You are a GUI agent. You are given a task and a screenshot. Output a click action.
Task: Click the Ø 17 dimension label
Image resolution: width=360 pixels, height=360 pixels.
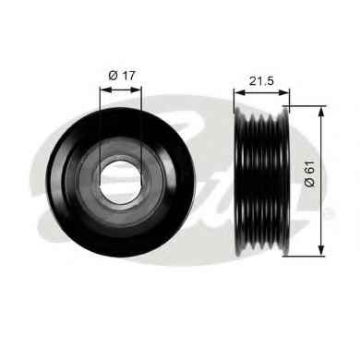click(122, 76)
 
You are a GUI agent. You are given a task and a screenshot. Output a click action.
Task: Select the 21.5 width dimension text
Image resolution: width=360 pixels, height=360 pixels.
click(261, 81)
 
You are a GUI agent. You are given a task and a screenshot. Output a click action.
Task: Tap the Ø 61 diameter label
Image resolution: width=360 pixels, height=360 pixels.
click(310, 174)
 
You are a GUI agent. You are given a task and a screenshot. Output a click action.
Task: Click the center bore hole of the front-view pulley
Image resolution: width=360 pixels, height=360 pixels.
click(121, 183)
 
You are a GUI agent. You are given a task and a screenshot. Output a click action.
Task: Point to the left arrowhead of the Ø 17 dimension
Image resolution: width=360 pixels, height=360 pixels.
click(105, 90)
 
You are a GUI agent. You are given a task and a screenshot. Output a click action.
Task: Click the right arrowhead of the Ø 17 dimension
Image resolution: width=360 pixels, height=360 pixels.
click(136, 90)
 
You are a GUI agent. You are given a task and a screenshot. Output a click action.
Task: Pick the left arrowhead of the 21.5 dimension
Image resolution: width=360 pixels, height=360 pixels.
click(239, 92)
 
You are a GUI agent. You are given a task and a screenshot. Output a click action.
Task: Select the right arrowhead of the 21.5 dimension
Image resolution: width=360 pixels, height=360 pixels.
click(284, 92)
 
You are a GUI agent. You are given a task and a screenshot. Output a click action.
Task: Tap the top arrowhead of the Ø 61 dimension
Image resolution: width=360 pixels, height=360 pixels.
click(321, 112)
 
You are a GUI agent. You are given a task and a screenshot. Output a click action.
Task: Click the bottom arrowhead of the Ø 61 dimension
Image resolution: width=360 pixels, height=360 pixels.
click(321, 250)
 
